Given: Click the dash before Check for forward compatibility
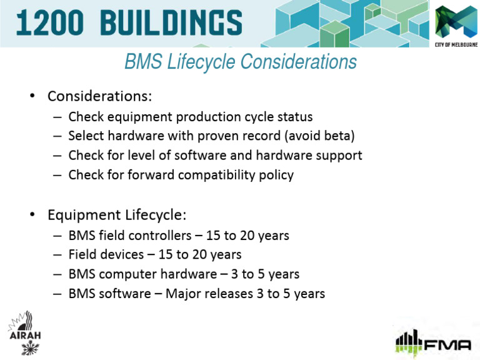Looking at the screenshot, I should [57, 175].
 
